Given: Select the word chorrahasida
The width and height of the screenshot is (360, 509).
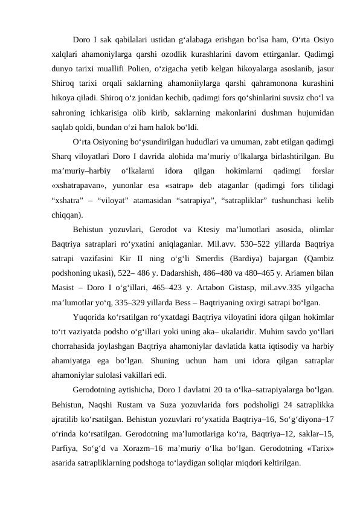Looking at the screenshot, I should pyautogui.click(x=76, y=348).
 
